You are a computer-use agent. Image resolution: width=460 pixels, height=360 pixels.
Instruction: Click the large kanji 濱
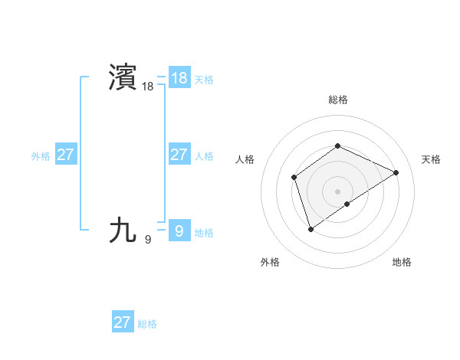123,78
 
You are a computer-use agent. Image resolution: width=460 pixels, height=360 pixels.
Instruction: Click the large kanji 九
123,231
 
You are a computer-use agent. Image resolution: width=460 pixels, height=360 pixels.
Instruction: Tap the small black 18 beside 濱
148,87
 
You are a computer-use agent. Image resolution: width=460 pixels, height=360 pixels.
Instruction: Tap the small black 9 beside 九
148,240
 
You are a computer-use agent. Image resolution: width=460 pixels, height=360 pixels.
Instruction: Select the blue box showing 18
179,78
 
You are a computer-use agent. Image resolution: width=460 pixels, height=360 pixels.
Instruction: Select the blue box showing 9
179,231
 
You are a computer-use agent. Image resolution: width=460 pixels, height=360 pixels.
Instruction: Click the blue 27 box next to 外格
65,155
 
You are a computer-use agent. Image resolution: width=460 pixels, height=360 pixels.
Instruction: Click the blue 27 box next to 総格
122,322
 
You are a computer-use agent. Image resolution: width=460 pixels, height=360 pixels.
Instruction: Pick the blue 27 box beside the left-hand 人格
179,155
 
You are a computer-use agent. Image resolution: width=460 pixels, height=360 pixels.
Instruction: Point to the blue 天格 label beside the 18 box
204,80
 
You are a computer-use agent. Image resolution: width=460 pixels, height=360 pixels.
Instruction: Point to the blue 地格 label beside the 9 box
204,233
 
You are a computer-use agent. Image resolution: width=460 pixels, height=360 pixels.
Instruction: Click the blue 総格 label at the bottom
147,324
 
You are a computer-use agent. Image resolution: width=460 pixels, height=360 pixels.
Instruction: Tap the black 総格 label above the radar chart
337,100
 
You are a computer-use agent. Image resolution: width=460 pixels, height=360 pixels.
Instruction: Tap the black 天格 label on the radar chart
431,159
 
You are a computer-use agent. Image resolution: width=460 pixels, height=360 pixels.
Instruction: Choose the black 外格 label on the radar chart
270,263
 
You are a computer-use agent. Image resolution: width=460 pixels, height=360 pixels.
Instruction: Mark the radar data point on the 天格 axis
396,172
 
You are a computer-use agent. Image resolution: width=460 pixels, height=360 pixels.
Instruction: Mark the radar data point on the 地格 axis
347,204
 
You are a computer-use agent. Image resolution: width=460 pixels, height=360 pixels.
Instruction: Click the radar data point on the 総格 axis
337,146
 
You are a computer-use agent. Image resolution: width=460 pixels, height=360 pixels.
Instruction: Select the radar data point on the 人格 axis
294,178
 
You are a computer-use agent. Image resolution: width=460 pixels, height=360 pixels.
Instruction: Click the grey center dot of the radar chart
337,191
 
